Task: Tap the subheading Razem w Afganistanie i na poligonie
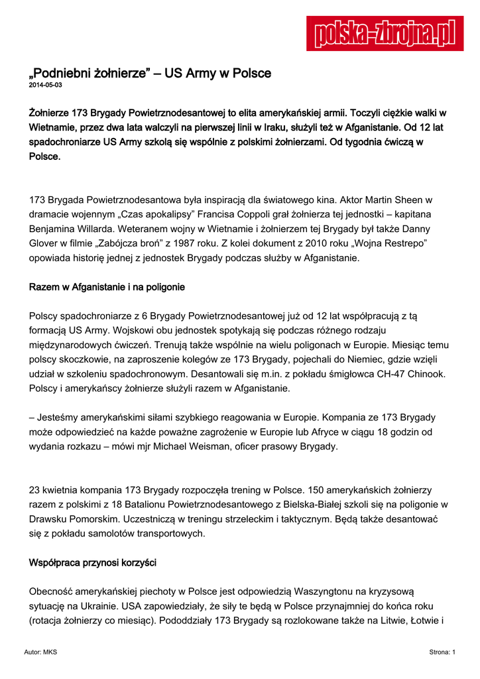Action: [107, 287]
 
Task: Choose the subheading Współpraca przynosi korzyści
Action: [93, 563]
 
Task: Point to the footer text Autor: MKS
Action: [40, 652]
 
